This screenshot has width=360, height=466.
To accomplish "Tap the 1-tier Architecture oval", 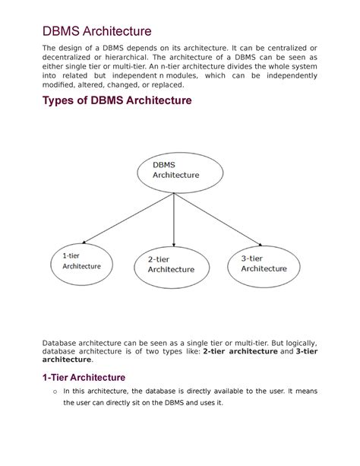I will point(81,261).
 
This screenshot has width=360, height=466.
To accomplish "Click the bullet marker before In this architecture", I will point(46,392).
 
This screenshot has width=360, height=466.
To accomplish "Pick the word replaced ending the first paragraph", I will point(172,89).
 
